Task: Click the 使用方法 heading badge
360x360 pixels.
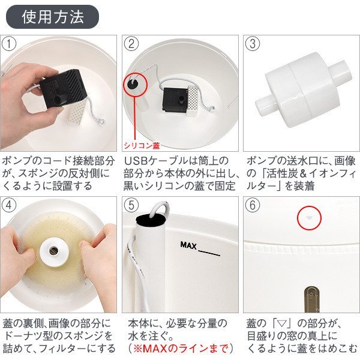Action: point(52,17)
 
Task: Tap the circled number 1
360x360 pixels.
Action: point(9,44)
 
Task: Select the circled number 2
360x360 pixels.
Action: point(131,44)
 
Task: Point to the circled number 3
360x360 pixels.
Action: point(253,44)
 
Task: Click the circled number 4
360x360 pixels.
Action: point(9,205)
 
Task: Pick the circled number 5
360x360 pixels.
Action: point(131,205)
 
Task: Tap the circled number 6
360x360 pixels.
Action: point(253,205)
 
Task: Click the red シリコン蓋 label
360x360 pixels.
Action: point(142,145)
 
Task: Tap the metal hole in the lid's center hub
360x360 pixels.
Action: point(54,250)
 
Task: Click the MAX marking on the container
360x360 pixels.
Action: point(188,245)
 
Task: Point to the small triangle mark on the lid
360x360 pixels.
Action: point(309,218)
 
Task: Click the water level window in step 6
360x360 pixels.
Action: point(311,299)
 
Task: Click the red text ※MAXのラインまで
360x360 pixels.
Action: point(181,348)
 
